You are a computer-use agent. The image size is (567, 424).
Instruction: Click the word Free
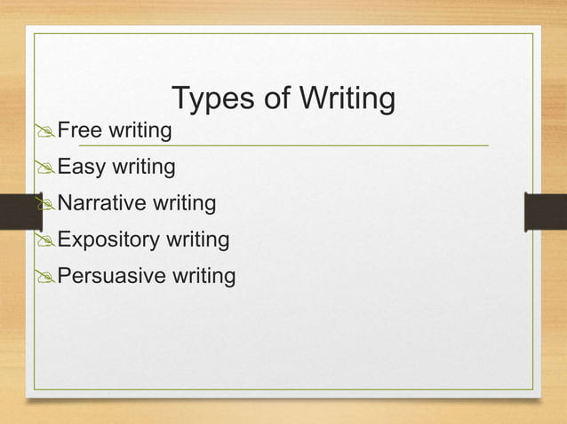79,131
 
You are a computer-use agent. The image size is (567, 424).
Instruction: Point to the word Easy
82,167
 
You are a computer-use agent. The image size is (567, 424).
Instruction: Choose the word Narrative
103,203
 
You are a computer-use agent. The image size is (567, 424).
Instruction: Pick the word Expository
109,239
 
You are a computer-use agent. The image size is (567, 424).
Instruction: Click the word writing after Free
140,132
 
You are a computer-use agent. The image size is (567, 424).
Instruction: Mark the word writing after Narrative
185,204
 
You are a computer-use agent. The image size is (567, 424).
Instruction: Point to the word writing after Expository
197,240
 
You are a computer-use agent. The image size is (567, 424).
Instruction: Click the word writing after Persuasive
204,277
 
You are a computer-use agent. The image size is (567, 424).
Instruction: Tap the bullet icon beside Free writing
46,133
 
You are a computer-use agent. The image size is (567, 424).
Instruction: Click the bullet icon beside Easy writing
46,169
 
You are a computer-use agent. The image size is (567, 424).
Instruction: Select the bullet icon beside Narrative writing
46,205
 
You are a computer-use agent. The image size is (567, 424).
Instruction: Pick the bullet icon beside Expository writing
46,241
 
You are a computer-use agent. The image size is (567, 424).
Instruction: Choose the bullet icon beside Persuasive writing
46,278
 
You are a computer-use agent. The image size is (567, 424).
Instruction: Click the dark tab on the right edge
545,212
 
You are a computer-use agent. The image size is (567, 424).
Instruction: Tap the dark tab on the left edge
18,212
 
